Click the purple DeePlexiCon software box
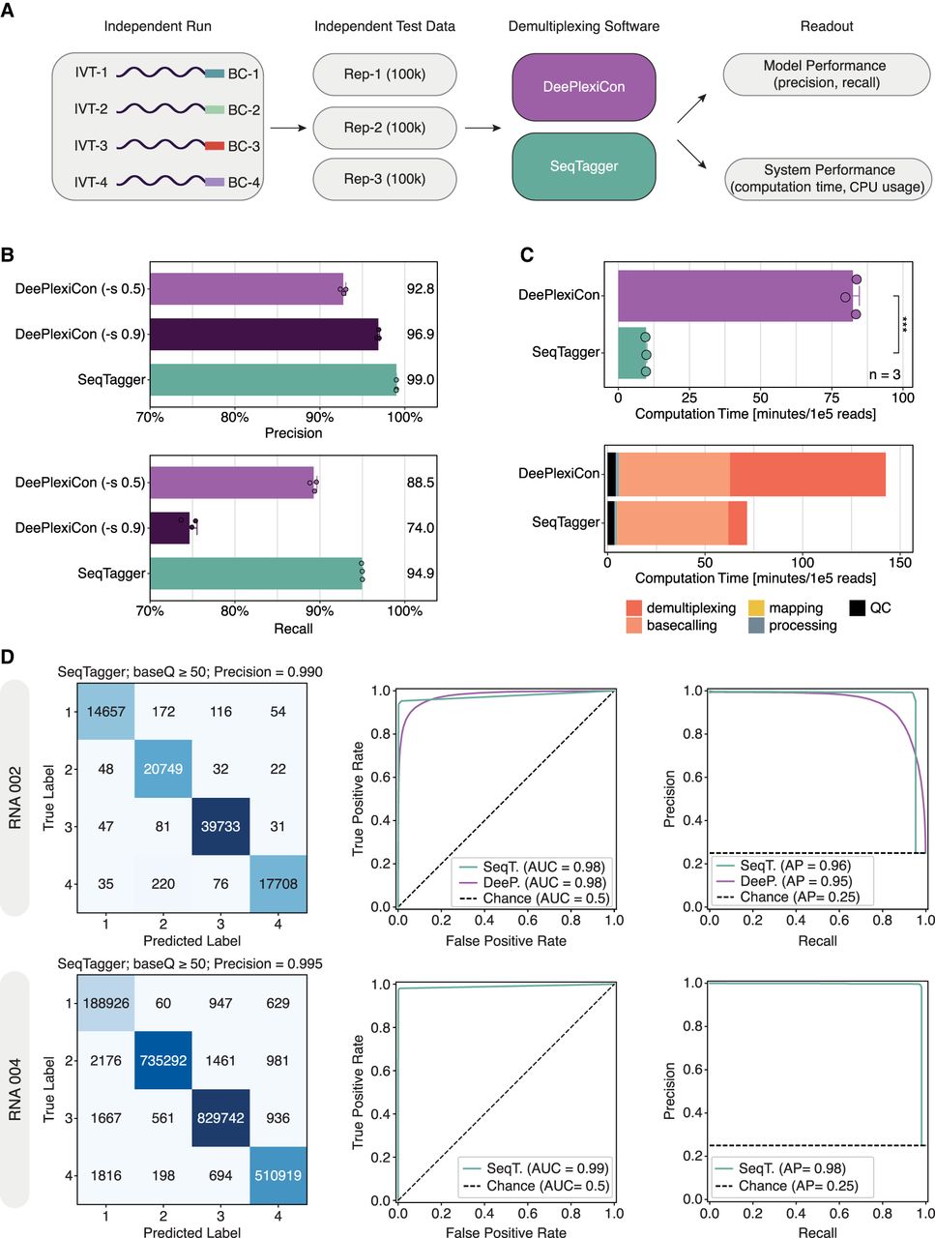click(x=583, y=87)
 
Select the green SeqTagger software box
click(x=583, y=166)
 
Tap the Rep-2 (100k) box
click(x=385, y=128)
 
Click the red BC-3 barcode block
click(x=214, y=146)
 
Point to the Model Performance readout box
click(x=826, y=74)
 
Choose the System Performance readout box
click(x=828, y=178)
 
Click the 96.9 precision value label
click(x=420, y=335)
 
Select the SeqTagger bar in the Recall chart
click(x=256, y=574)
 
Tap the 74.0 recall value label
click(x=420, y=528)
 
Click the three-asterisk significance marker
click(x=905, y=324)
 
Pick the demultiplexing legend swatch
click(x=634, y=608)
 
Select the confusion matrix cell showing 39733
click(x=220, y=827)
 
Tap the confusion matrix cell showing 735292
click(x=162, y=1061)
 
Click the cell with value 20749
click(x=162, y=769)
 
